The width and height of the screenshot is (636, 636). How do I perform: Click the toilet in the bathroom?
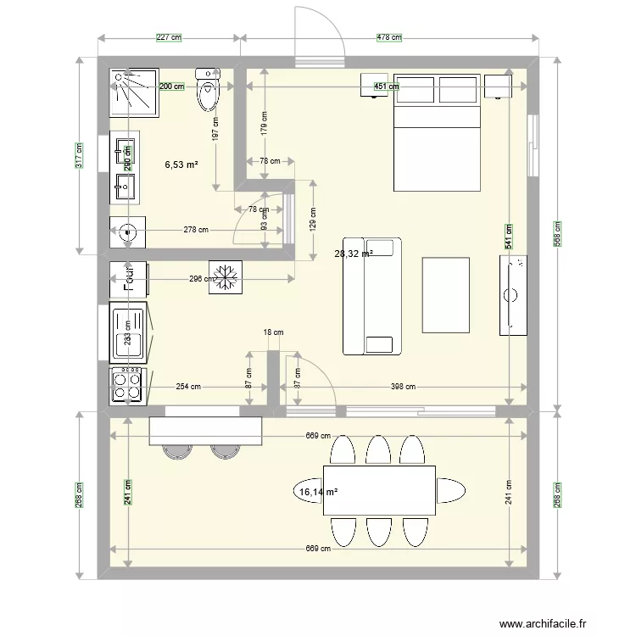(x=208, y=90)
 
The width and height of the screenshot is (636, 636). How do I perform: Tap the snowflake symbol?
(x=226, y=276)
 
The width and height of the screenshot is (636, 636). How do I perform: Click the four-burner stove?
(x=128, y=386)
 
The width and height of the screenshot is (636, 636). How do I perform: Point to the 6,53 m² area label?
(x=181, y=165)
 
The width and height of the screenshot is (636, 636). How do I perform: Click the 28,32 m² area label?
(x=354, y=253)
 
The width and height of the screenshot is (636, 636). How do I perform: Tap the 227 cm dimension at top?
(x=170, y=38)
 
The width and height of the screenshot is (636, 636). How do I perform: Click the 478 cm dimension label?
(x=388, y=38)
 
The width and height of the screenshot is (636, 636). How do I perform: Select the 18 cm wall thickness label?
(x=273, y=332)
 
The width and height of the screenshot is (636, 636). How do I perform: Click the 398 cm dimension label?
(x=404, y=387)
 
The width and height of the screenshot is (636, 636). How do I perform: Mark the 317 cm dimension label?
(x=79, y=155)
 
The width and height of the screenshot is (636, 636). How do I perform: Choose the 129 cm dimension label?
(x=313, y=222)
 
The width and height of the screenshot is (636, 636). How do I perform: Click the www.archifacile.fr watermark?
(x=542, y=625)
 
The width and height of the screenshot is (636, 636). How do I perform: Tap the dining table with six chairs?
(x=379, y=490)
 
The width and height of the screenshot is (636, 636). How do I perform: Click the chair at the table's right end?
(x=451, y=490)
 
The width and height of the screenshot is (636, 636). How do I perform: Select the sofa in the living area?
(x=371, y=296)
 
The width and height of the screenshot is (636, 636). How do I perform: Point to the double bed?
(x=436, y=136)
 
